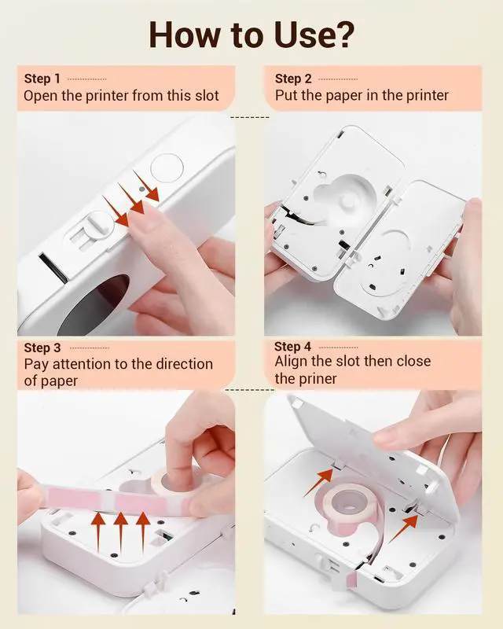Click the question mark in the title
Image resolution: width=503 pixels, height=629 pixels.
tap(343, 35)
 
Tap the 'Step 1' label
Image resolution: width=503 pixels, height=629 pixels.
tap(42, 79)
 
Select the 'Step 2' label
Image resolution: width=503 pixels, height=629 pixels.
tap(293, 79)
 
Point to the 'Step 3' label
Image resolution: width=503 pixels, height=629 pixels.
tap(42, 348)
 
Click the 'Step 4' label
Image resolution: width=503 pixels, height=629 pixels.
tap(293, 346)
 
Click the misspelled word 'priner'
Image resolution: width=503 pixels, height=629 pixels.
tap(320, 379)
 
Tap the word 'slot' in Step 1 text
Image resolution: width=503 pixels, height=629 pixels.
tap(207, 95)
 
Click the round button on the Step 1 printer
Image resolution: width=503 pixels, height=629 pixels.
tap(167, 168)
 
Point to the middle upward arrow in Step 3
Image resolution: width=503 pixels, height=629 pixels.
tap(120, 533)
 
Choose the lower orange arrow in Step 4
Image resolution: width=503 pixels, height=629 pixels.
tap(403, 528)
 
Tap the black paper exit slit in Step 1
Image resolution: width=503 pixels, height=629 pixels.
tap(53, 267)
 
